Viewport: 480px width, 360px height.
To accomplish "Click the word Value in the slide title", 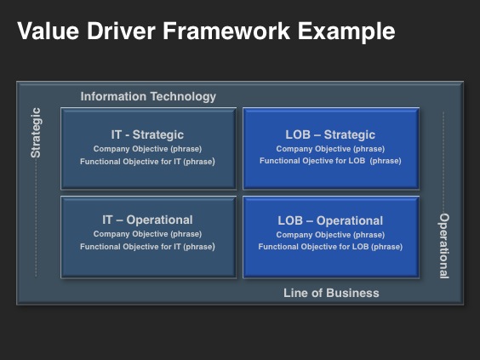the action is click(49, 31).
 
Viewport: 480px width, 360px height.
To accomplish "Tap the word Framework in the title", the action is click(226, 31).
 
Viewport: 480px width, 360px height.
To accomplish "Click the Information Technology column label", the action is click(148, 97).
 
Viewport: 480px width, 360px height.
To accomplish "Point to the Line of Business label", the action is click(331, 293).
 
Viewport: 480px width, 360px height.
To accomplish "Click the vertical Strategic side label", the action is click(36, 133).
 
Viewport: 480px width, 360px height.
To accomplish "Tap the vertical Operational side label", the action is click(444, 246).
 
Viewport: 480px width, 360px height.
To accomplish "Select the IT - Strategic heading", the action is click(147, 134).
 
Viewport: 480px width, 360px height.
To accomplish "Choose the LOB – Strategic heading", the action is click(330, 134).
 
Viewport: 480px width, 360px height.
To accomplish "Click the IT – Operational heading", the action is click(147, 220).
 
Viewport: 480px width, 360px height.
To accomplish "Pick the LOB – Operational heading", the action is click(330, 220).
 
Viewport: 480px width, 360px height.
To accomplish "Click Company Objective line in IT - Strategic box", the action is click(147, 149).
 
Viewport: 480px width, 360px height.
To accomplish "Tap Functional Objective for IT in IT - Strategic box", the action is click(147, 162).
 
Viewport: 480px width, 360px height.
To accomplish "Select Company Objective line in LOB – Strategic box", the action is click(330, 149).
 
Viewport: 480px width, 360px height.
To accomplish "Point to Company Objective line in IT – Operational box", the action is click(147, 234).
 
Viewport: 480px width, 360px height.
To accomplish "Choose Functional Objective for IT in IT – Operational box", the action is click(147, 247).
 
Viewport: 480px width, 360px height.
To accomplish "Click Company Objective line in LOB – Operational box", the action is click(330, 235).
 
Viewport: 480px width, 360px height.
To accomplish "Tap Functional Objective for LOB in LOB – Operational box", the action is click(330, 247).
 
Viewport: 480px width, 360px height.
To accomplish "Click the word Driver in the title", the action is click(121, 31).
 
